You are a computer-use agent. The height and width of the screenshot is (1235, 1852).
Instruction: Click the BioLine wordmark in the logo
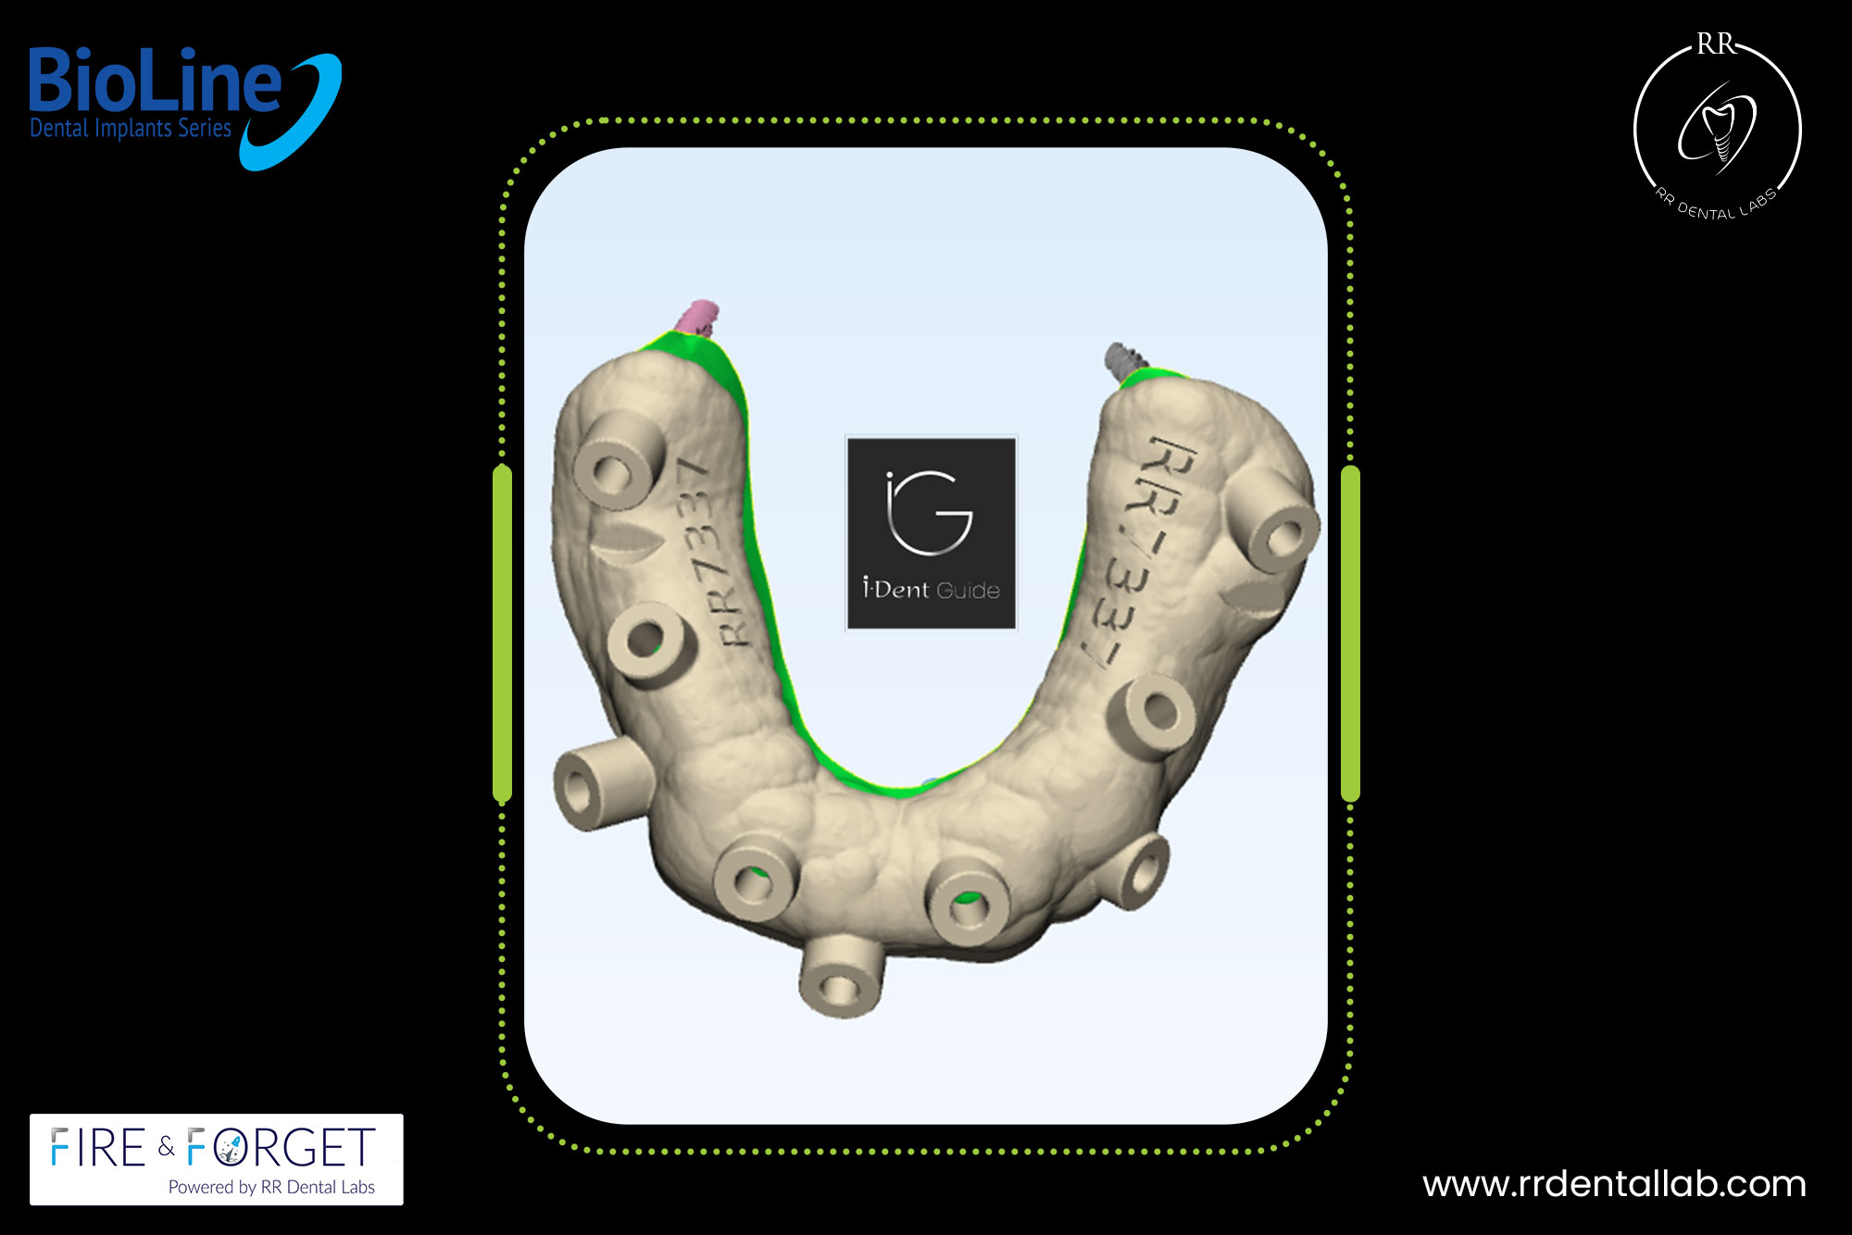point(155,81)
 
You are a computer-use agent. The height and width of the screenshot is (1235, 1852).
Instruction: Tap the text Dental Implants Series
point(131,128)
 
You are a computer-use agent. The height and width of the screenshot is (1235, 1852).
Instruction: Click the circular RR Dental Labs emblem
point(1718,128)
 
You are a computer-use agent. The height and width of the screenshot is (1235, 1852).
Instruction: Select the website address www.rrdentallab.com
point(1614,1184)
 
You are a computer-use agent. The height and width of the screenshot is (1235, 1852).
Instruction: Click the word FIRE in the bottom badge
point(98,1149)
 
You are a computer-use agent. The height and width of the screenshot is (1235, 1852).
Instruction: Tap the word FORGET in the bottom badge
point(282,1149)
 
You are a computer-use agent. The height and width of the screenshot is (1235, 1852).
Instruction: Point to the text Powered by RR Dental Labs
point(271,1188)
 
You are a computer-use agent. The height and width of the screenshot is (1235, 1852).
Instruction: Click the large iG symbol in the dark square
point(929,513)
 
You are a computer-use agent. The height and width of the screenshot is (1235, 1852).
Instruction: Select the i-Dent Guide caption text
point(931,590)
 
